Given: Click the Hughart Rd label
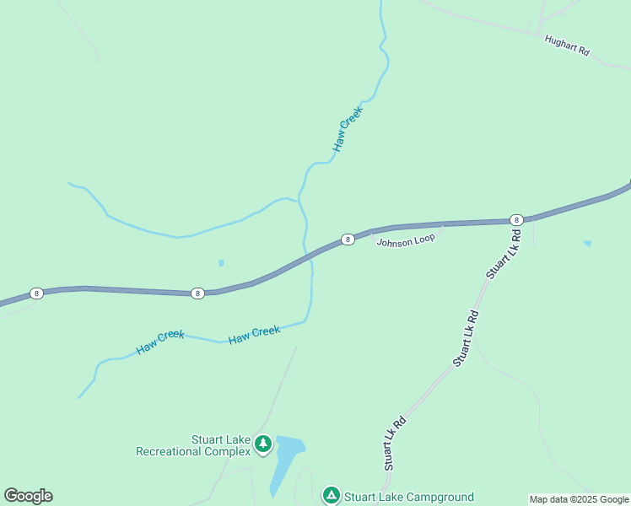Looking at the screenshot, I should click(x=567, y=46).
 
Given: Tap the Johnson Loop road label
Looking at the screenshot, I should click(x=406, y=241).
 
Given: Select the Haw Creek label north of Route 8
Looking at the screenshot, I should click(x=347, y=129).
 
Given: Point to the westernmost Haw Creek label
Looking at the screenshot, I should click(x=160, y=342).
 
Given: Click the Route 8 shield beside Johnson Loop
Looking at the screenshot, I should click(x=348, y=240).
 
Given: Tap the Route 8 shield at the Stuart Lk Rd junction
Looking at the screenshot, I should click(x=516, y=219).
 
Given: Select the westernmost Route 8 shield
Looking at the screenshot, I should click(x=36, y=293).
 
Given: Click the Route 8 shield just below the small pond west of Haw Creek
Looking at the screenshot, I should click(x=197, y=293).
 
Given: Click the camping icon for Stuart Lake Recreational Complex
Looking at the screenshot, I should click(x=263, y=443).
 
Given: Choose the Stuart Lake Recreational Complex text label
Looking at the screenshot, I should click(x=194, y=445).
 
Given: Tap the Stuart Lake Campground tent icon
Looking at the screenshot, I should click(x=332, y=494).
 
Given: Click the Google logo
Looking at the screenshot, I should click(x=28, y=496).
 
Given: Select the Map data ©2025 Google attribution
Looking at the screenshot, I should click(x=580, y=499).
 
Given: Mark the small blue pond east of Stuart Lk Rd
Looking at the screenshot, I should click(x=587, y=244).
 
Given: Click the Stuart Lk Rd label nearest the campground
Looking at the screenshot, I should click(x=394, y=443).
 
